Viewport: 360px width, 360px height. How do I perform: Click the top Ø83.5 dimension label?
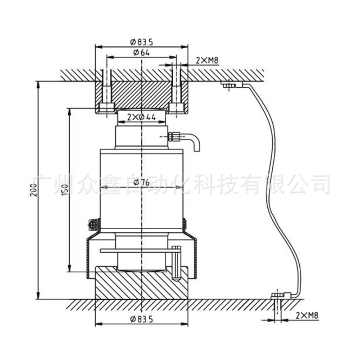(142, 42)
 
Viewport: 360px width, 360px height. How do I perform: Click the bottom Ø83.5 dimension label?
(142, 319)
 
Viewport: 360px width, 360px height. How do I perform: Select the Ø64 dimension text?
(141, 53)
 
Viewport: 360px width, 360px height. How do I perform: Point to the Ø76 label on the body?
(142, 182)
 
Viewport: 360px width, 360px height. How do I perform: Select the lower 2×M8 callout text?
(306, 316)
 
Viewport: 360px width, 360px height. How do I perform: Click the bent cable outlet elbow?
(194, 143)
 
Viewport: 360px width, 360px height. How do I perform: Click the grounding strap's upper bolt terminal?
(229, 85)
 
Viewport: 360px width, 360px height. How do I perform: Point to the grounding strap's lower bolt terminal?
(277, 296)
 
